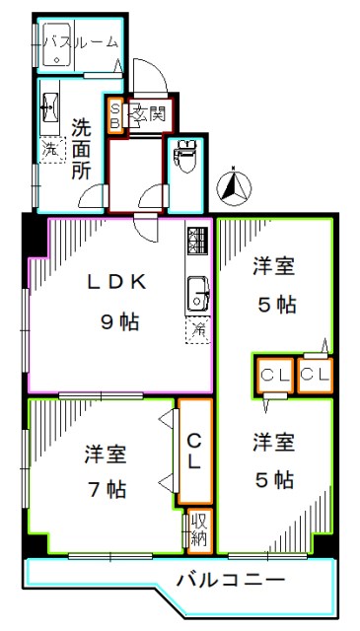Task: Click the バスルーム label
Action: click(83, 42)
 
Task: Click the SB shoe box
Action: click(114, 113)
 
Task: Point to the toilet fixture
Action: click(184, 156)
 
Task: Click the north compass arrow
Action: click(235, 181)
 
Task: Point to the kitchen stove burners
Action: click(195, 242)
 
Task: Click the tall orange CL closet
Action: click(194, 452)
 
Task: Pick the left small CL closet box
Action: click(273, 374)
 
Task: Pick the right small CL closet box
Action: click(314, 374)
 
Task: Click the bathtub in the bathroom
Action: click(57, 42)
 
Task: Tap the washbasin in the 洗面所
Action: click(48, 109)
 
